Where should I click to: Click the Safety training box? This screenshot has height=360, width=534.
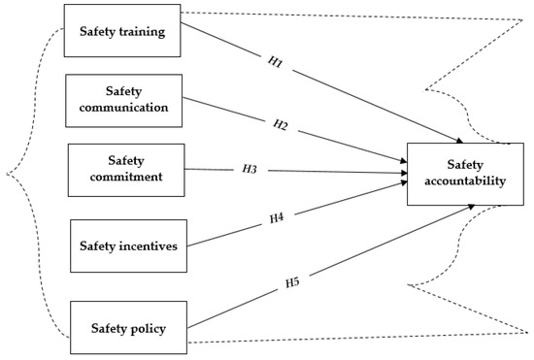click(122, 32)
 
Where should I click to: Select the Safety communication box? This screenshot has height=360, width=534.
click(122, 99)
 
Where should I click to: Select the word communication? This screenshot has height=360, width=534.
click(123, 108)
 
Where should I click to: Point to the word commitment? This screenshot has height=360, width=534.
click(126, 179)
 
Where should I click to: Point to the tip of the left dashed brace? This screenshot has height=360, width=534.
click(8, 175)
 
